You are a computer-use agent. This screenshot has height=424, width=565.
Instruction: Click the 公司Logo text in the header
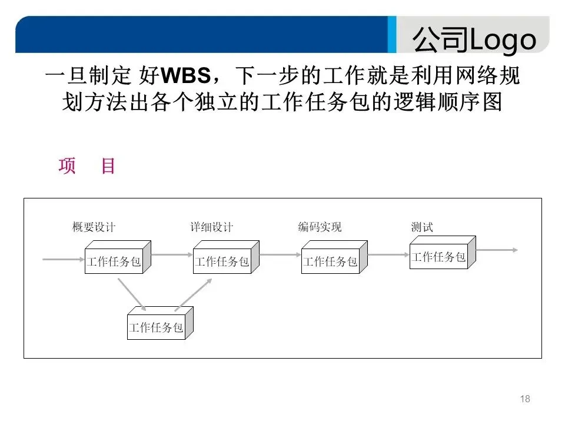(x=474, y=39)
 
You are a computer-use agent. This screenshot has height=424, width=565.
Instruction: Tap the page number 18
(x=526, y=399)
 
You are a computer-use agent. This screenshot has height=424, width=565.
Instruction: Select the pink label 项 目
(x=87, y=166)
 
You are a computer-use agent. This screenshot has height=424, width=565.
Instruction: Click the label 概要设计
(x=94, y=227)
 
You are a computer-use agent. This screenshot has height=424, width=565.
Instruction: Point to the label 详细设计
(x=211, y=227)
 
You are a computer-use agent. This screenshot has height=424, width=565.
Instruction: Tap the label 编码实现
(x=320, y=227)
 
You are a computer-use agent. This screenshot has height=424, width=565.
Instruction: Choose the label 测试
(x=422, y=227)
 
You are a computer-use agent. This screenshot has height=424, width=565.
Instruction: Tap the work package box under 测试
(x=439, y=257)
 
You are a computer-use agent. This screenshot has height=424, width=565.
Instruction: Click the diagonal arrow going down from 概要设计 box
(x=131, y=293)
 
